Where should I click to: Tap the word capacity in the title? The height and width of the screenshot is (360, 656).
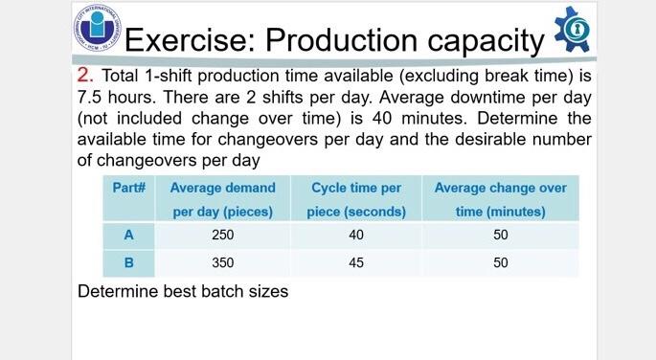pyautogui.click(x=485, y=41)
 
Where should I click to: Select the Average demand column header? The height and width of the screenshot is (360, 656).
pyautogui.click(x=222, y=199)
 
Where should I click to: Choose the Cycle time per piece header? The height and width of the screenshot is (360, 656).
pyautogui.click(x=356, y=199)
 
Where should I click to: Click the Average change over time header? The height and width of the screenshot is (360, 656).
pyautogui.click(x=500, y=199)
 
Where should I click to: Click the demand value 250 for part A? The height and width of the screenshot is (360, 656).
pyautogui.click(x=222, y=235)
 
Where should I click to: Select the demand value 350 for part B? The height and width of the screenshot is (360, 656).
pyautogui.click(x=222, y=262)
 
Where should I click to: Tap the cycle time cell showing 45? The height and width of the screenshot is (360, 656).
pyautogui.click(x=356, y=262)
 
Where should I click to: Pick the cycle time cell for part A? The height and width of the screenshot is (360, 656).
pyautogui.click(x=356, y=235)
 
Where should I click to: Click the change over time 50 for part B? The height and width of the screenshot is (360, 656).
pyautogui.click(x=500, y=262)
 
